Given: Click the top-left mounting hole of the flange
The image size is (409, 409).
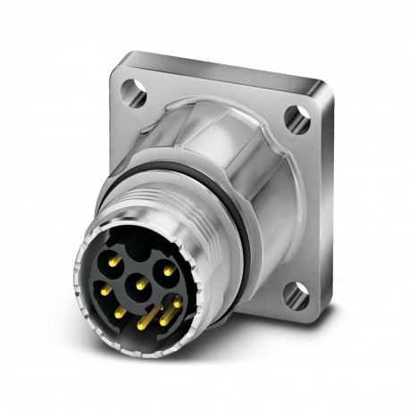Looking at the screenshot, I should pos(135,88).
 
